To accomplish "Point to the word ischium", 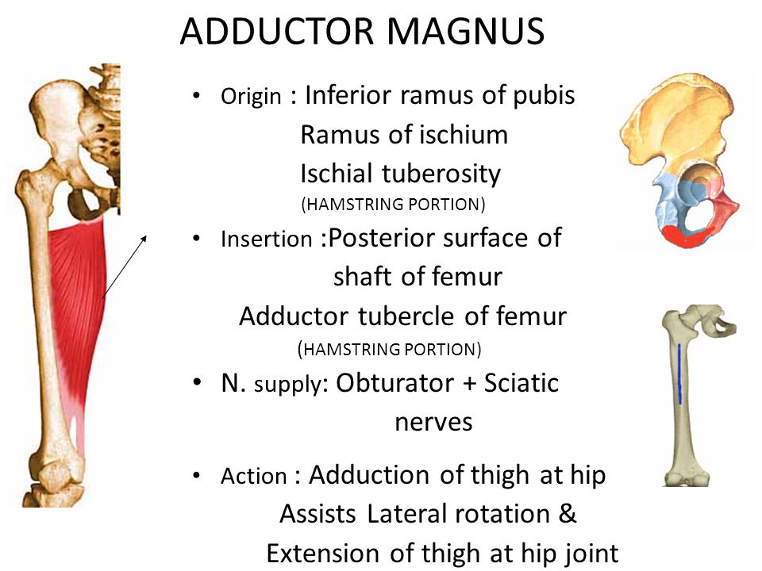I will [466, 136].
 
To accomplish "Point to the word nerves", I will [433, 423].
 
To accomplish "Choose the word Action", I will [254, 477].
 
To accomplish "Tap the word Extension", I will [324, 553].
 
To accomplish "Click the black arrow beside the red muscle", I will [125, 265].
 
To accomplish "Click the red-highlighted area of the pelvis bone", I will [686, 236].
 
